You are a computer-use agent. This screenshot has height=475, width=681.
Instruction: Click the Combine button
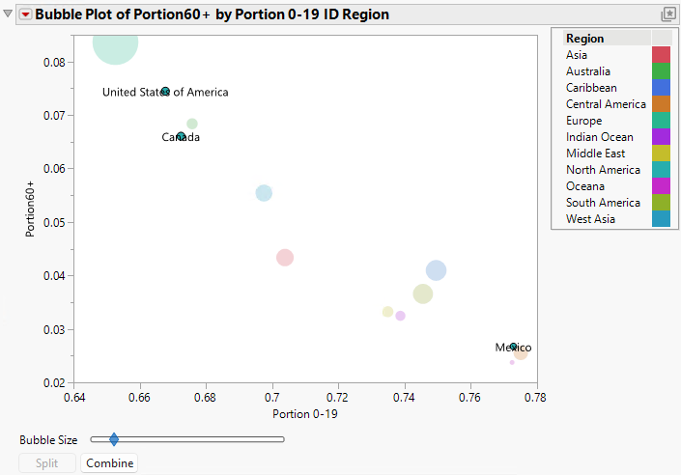[x=109, y=463]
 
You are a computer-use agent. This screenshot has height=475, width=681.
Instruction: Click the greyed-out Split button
[x=47, y=463]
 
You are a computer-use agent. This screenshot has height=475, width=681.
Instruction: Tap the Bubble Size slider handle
[x=114, y=439]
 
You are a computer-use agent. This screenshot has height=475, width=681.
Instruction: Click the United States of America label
[x=165, y=92]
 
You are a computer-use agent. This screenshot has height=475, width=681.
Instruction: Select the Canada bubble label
[x=181, y=137]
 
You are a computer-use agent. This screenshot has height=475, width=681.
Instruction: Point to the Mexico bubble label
[x=513, y=348]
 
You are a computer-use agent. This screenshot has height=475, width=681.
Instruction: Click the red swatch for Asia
[x=661, y=55]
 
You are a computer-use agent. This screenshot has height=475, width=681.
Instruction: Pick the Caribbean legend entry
[x=591, y=88]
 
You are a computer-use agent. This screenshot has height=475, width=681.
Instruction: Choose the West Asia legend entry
[x=591, y=219]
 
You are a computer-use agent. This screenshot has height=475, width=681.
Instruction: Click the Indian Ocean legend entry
[x=599, y=137]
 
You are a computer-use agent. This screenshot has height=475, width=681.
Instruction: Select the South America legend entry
[x=603, y=203]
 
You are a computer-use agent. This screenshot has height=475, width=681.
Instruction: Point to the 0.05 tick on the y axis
[x=53, y=222]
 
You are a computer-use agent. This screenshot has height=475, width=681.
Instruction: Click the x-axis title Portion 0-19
[x=305, y=414]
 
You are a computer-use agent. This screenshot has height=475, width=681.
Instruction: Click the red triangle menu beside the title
[x=25, y=14]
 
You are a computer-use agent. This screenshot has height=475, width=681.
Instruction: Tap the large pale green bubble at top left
[x=116, y=42]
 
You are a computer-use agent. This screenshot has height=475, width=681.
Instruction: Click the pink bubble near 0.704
[x=285, y=257]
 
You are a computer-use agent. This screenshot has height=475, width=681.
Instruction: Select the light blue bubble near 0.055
[x=264, y=193]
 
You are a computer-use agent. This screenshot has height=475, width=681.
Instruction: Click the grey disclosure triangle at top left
[x=9, y=14]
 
